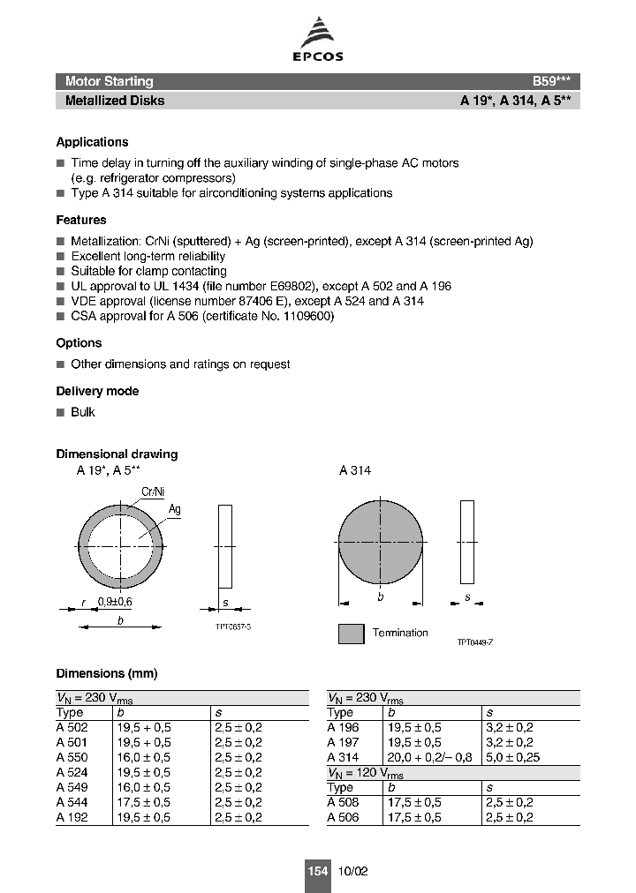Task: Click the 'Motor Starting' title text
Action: tap(109, 81)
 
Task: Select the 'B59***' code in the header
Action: tap(556, 81)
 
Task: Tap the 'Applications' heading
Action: tap(92, 142)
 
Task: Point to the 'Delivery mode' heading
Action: tap(97, 391)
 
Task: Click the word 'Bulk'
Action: tap(83, 412)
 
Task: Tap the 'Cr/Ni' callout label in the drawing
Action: tap(153, 492)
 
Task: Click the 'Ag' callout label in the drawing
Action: tap(175, 509)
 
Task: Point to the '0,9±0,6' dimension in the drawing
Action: tap(116, 601)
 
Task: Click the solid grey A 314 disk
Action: tap(381, 540)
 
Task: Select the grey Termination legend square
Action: tap(351, 634)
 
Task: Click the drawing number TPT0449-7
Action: tap(474, 642)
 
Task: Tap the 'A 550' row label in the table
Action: tap(72, 757)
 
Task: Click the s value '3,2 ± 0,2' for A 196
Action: tap(509, 727)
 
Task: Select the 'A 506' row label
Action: tap(343, 817)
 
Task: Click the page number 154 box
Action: tap(317, 871)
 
